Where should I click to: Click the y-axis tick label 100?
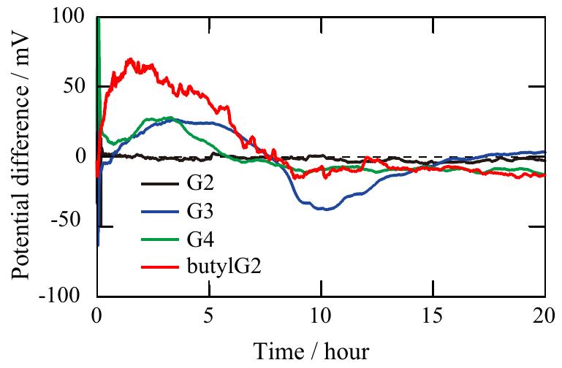pos(68,16)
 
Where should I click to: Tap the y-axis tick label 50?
pos(74,86)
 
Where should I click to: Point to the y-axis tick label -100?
pos(64,296)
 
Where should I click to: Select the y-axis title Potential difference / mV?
pos(21,156)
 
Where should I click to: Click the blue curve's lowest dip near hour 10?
pos(322,210)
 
